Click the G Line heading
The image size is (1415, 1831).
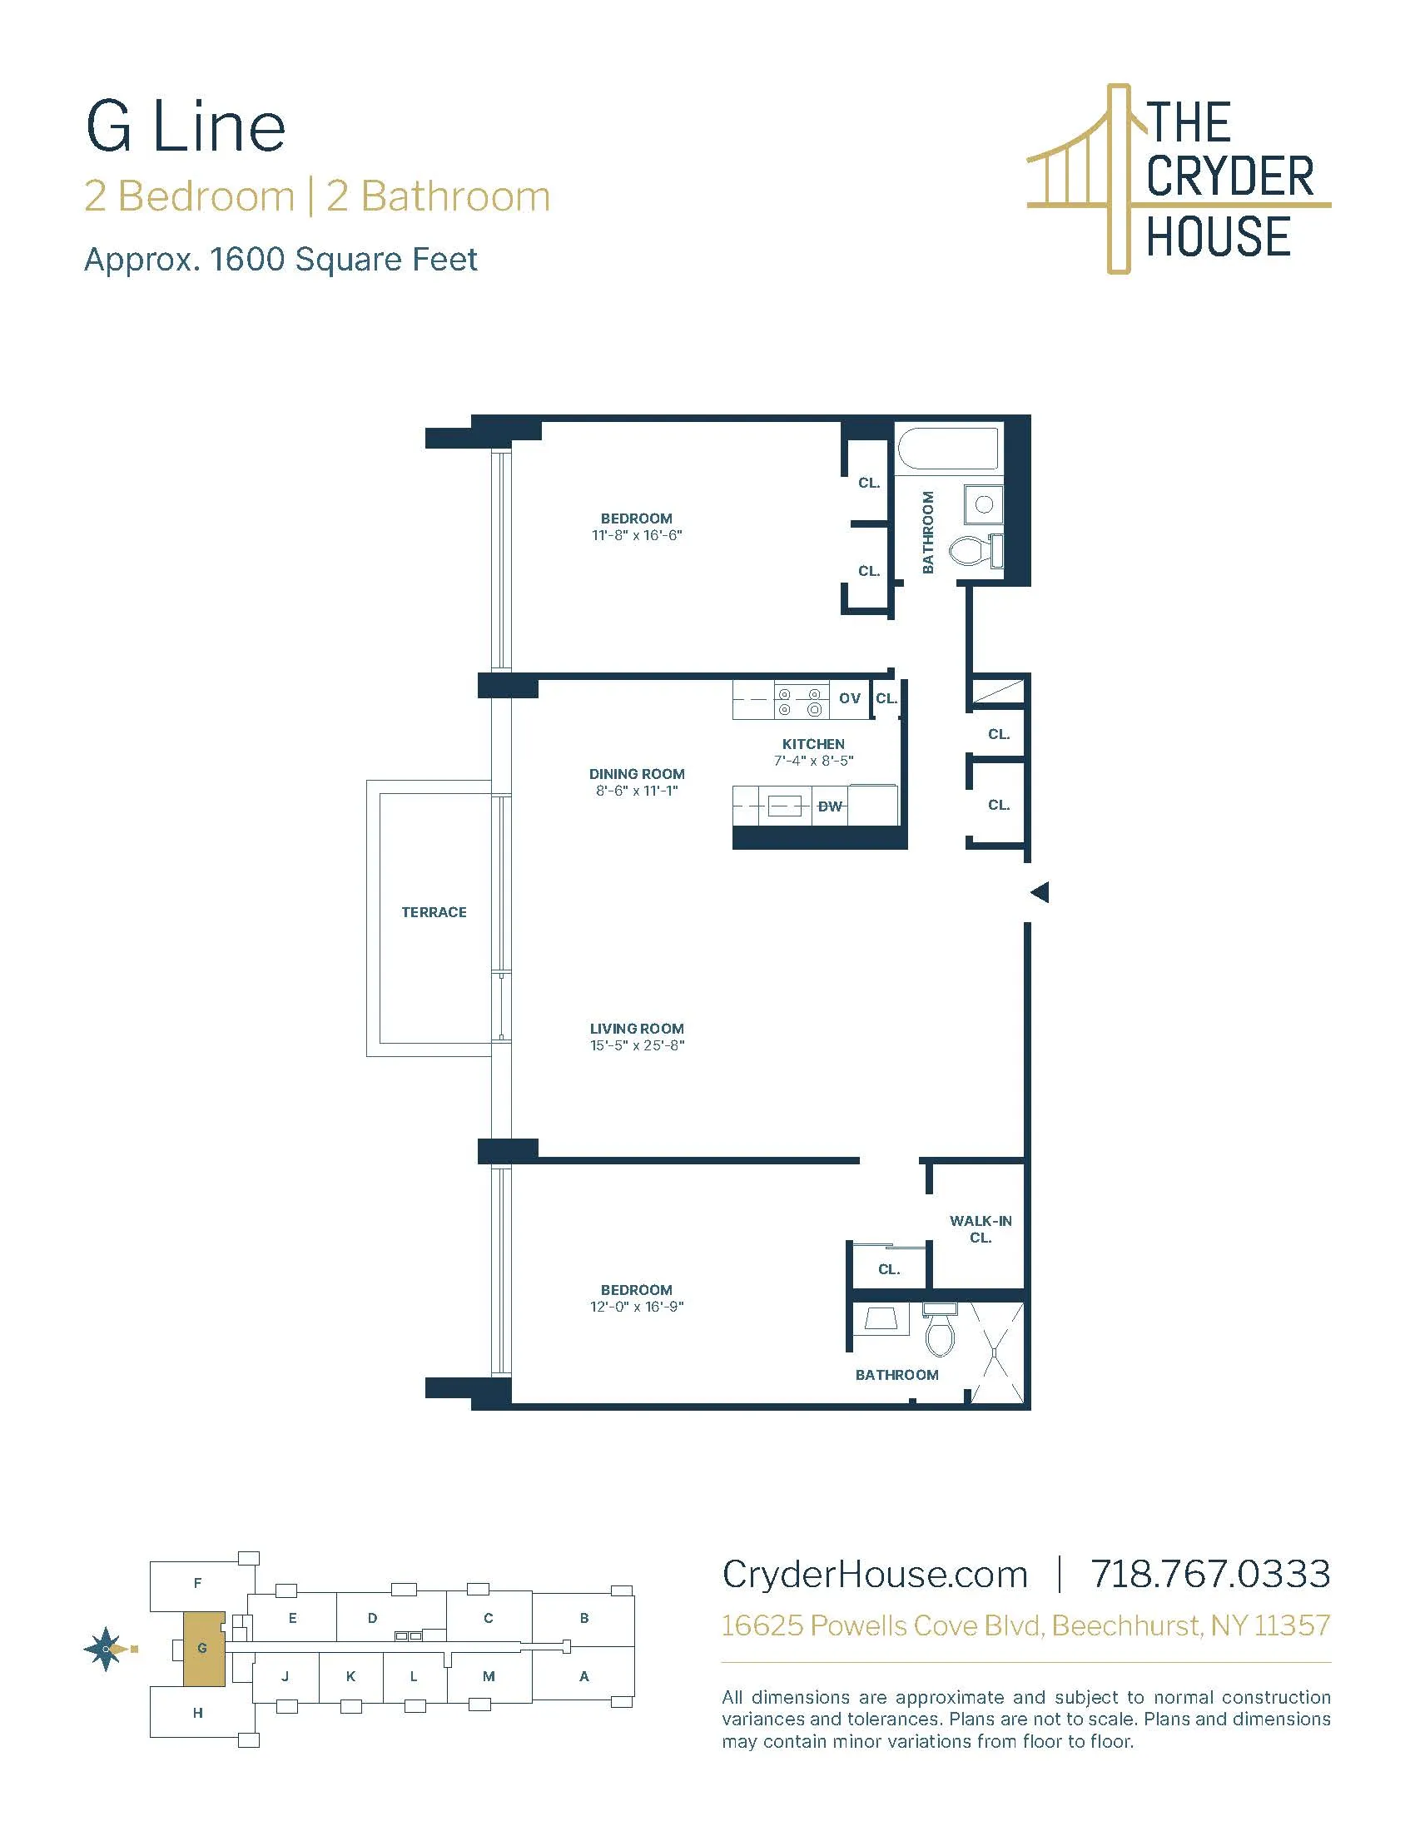click(186, 127)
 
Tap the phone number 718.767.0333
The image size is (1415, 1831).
click(1209, 1575)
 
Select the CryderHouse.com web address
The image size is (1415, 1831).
click(874, 1575)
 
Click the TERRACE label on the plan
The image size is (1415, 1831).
click(434, 912)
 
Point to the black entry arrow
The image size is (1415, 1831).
click(1040, 892)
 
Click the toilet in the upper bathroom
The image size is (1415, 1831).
click(971, 550)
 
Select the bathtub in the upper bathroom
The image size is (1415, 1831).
click(948, 449)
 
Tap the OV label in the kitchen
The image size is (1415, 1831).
click(849, 698)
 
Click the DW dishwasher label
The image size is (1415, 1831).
click(829, 806)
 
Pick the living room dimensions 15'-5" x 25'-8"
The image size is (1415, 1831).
click(637, 1045)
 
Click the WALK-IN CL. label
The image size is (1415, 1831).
click(980, 1229)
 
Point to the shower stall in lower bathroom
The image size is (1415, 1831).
click(995, 1352)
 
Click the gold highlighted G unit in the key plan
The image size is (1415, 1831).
click(204, 1648)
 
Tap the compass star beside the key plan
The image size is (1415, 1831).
click(107, 1648)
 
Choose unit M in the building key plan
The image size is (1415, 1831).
click(489, 1677)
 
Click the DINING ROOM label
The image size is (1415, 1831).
click(637, 774)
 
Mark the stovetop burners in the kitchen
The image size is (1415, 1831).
click(800, 702)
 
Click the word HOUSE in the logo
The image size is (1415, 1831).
click(1217, 236)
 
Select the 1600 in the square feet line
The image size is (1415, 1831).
click(248, 260)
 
